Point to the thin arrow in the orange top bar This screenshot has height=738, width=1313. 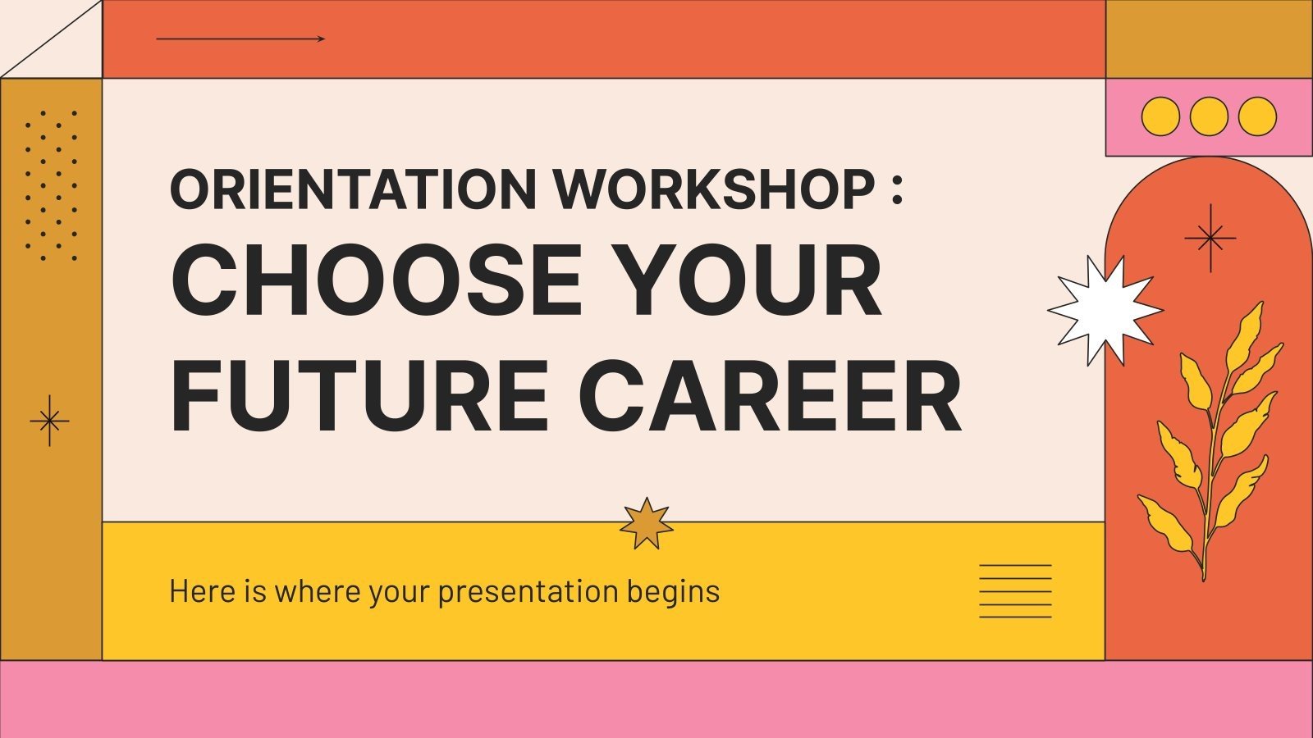click(x=240, y=39)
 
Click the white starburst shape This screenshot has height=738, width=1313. click(x=1104, y=310)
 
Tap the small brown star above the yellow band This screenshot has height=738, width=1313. click(x=646, y=523)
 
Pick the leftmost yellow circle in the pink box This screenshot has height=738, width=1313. click(x=1160, y=116)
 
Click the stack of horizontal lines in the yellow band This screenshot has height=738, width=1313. click(x=1015, y=590)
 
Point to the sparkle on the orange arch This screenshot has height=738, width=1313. click(x=1210, y=239)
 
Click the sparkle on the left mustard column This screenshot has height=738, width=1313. click(x=49, y=421)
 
